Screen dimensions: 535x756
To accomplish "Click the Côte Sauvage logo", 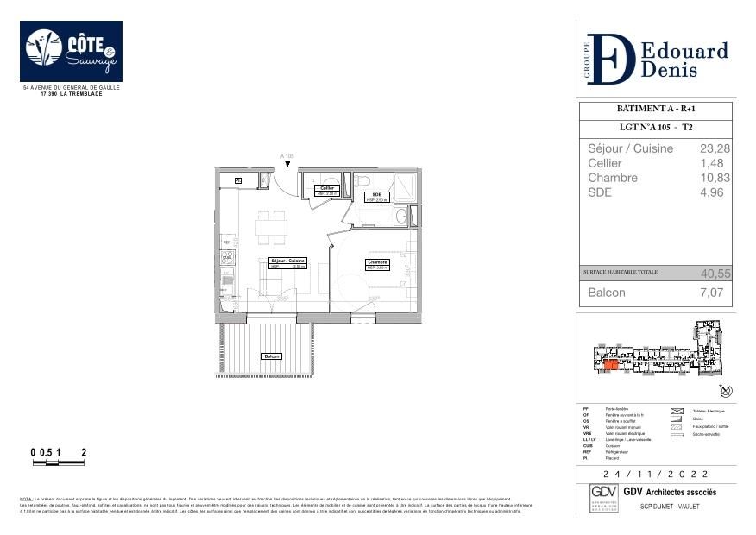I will pyautogui.click(x=71, y=51).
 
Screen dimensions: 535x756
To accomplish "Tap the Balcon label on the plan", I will pyautogui.click(x=272, y=356).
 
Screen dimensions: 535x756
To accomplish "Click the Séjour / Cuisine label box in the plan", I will pyautogui.click(x=288, y=262).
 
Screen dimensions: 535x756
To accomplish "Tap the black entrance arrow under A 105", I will pyautogui.click(x=287, y=162).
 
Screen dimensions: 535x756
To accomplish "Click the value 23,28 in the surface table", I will pyautogui.click(x=715, y=148).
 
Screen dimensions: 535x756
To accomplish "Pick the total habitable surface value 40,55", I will pyautogui.click(x=715, y=273).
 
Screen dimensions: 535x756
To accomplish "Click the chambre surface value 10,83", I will pyautogui.click(x=715, y=178).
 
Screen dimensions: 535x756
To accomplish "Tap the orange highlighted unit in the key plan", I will pyautogui.click(x=611, y=365).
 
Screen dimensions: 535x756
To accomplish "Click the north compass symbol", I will pyautogui.click(x=727, y=391).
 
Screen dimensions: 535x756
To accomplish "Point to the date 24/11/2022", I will pyautogui.click(x=656, y=475).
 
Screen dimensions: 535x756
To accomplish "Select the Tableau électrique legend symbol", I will pyautogui.click(x=676, y=412).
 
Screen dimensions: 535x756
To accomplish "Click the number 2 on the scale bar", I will pyautogui.click(x=84, y=452).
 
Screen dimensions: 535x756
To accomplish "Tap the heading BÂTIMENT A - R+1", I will pyautogui.click(x=655, y=110).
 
